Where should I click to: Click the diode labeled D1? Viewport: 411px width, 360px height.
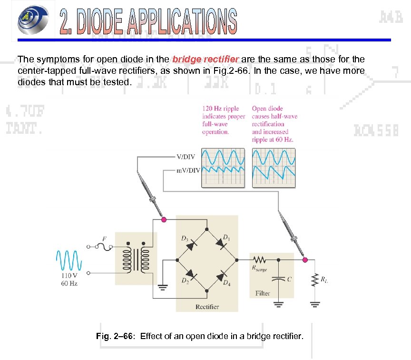click(x=221, y=244)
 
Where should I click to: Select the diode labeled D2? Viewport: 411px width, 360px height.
click(x=192, y=275)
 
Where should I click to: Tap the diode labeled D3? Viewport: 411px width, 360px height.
click(x=192, y=244)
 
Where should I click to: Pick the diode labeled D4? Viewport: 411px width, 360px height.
click(x=222, y=275)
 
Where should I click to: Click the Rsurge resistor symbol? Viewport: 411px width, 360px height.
click(x=260, y=260)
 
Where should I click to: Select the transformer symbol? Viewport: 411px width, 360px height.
click(x=137, y=260)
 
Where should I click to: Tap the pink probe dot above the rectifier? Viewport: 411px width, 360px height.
click(x=164, y=220)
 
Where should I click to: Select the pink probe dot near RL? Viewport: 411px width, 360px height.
click(x=305, y=260)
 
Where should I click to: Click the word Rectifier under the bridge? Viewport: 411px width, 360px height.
click(x=207, y=307)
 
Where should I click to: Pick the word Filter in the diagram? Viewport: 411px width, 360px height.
click(x=263, y=293)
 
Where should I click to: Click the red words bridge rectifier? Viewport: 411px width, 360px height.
click(x=205, y=60)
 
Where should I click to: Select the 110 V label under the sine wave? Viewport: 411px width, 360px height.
click(x=69, y=276)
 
